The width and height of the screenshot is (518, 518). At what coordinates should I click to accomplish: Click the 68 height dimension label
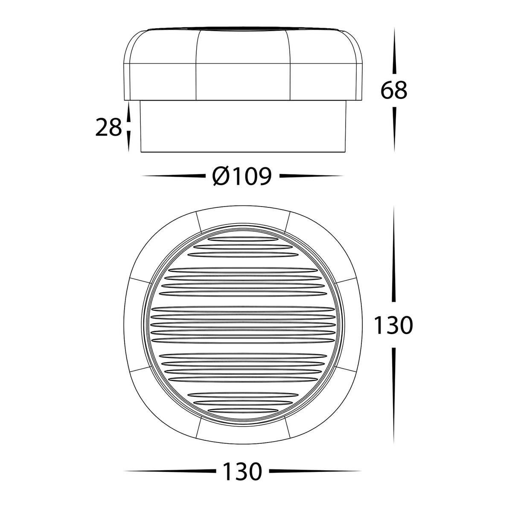tap(394, 90)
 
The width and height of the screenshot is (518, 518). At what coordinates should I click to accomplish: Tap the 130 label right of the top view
tap(393, 326)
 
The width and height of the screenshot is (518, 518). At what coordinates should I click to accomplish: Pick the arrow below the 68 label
tap(394, 128)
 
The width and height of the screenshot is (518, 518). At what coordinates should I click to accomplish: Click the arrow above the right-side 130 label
tap(394, 256)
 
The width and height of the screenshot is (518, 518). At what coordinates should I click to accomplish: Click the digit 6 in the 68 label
tap(387, 90)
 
